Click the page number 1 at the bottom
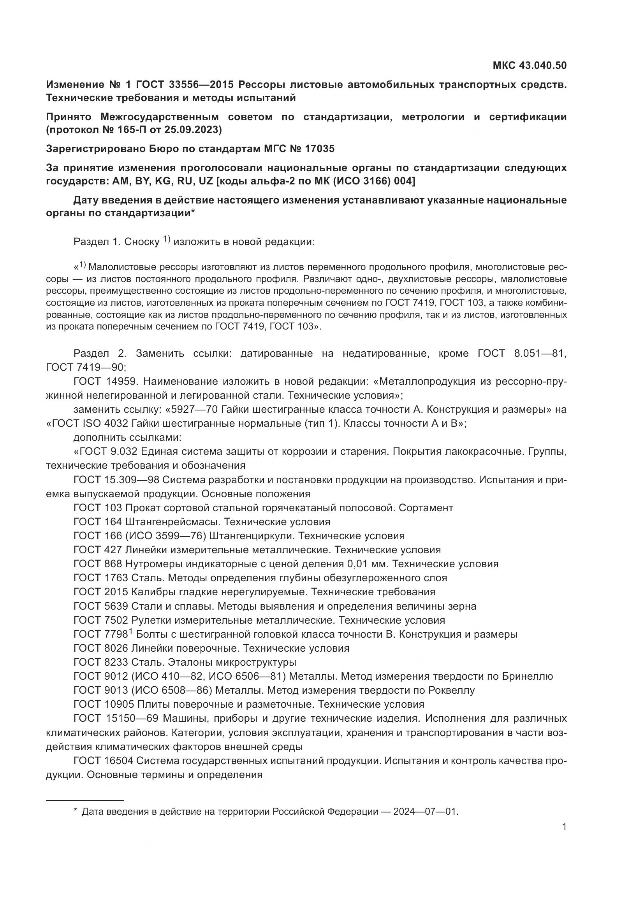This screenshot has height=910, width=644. point(564,827)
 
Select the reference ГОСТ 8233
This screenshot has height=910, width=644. point(100,662)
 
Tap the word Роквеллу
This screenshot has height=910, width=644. point(452,690)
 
